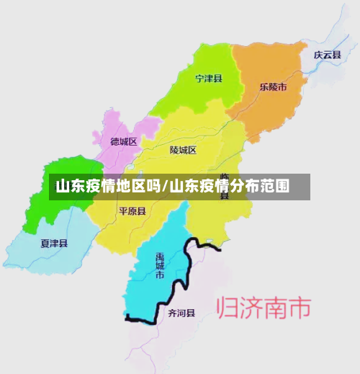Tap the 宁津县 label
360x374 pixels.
pyautogui.click(x=209, y=78)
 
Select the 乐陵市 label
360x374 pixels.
pyautogui.click(x=273, y=87)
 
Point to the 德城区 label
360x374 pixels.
pyautogui.click(x=124, y=142)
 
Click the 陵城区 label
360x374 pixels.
pyautogui.click(x=183, y=150)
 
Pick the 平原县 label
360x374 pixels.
pyautogui.click(x=132, y=211)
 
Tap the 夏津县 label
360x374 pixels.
pyautogui.click(x=54, y=244)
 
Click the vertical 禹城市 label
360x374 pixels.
pyautogui.click(x=160, y=265)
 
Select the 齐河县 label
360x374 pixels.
pyautogui.click(x=181, y=313)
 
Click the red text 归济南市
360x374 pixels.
pyautogui.click(x=264, y=308)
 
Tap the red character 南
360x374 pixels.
pyautogui.click(x=277, y=308)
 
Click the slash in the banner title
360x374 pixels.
pyautogui.click(x=166, y=187)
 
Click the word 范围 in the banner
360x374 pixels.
pyautogui.click(x=275, y=187)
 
